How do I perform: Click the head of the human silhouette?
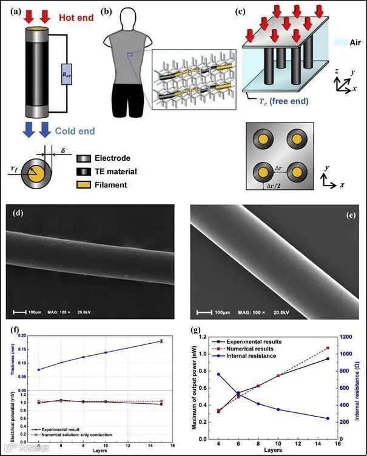pyautogui.click(x=131, y=16)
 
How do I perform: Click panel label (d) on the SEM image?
pyautogui.click(x=17, y=213)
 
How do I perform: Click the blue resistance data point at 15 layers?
pyautogui.click(x=328, y=418)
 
